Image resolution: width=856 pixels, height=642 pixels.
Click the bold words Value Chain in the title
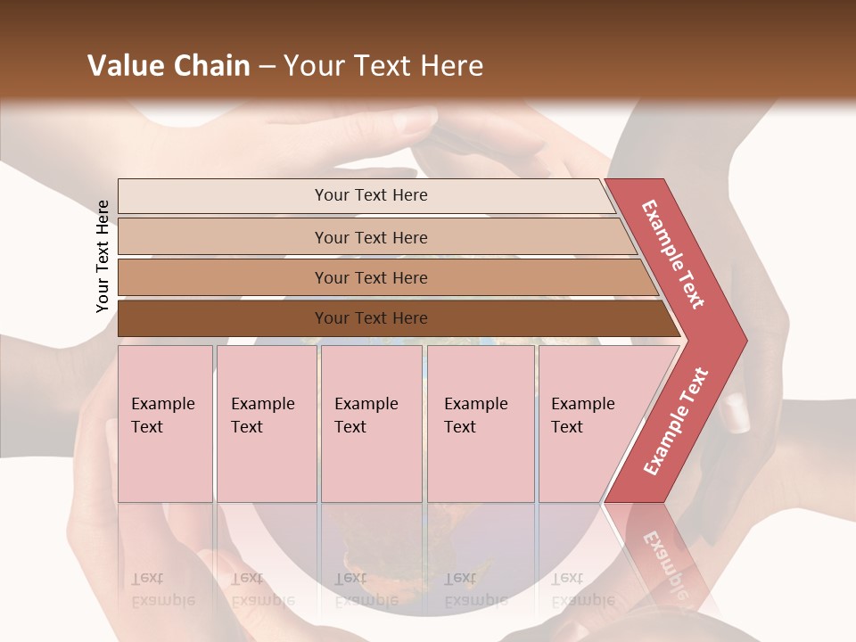coord(169,66)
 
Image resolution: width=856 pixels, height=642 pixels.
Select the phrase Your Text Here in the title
coord(383,66)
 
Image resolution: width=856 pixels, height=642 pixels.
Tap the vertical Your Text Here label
coord(103,256)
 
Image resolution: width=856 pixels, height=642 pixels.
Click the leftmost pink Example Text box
coord(165,424)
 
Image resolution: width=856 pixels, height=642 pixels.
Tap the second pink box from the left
coord(266,424)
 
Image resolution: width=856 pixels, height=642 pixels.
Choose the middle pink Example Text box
coord(371,424)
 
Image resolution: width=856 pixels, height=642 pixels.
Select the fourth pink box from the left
coord(481,424)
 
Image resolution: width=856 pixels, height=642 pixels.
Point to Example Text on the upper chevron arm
coord(673,254)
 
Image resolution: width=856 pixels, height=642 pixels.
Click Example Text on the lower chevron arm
coord(676,422)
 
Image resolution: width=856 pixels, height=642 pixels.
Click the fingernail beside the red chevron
coord(737,414)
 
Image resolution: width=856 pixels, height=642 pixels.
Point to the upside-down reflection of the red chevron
coord(664,553)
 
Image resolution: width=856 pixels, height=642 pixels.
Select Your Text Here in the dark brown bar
coord(371,318)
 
